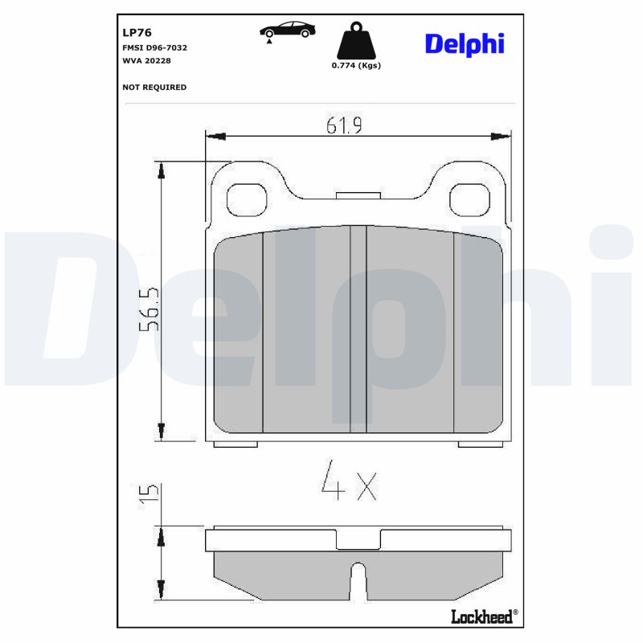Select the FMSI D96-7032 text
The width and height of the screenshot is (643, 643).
coord(154,47)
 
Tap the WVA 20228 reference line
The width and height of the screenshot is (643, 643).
coord(146,60)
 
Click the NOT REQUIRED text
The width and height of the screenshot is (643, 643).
coord(154,87)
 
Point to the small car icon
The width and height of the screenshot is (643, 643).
coord(287,31)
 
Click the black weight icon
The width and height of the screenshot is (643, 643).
coord(355,41)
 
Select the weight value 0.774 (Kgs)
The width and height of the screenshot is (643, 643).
coord(356,66)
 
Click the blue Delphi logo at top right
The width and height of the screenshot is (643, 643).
coord(464,43)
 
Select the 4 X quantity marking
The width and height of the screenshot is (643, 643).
coord(348,480)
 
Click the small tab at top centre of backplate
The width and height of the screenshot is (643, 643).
coord(358,195)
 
